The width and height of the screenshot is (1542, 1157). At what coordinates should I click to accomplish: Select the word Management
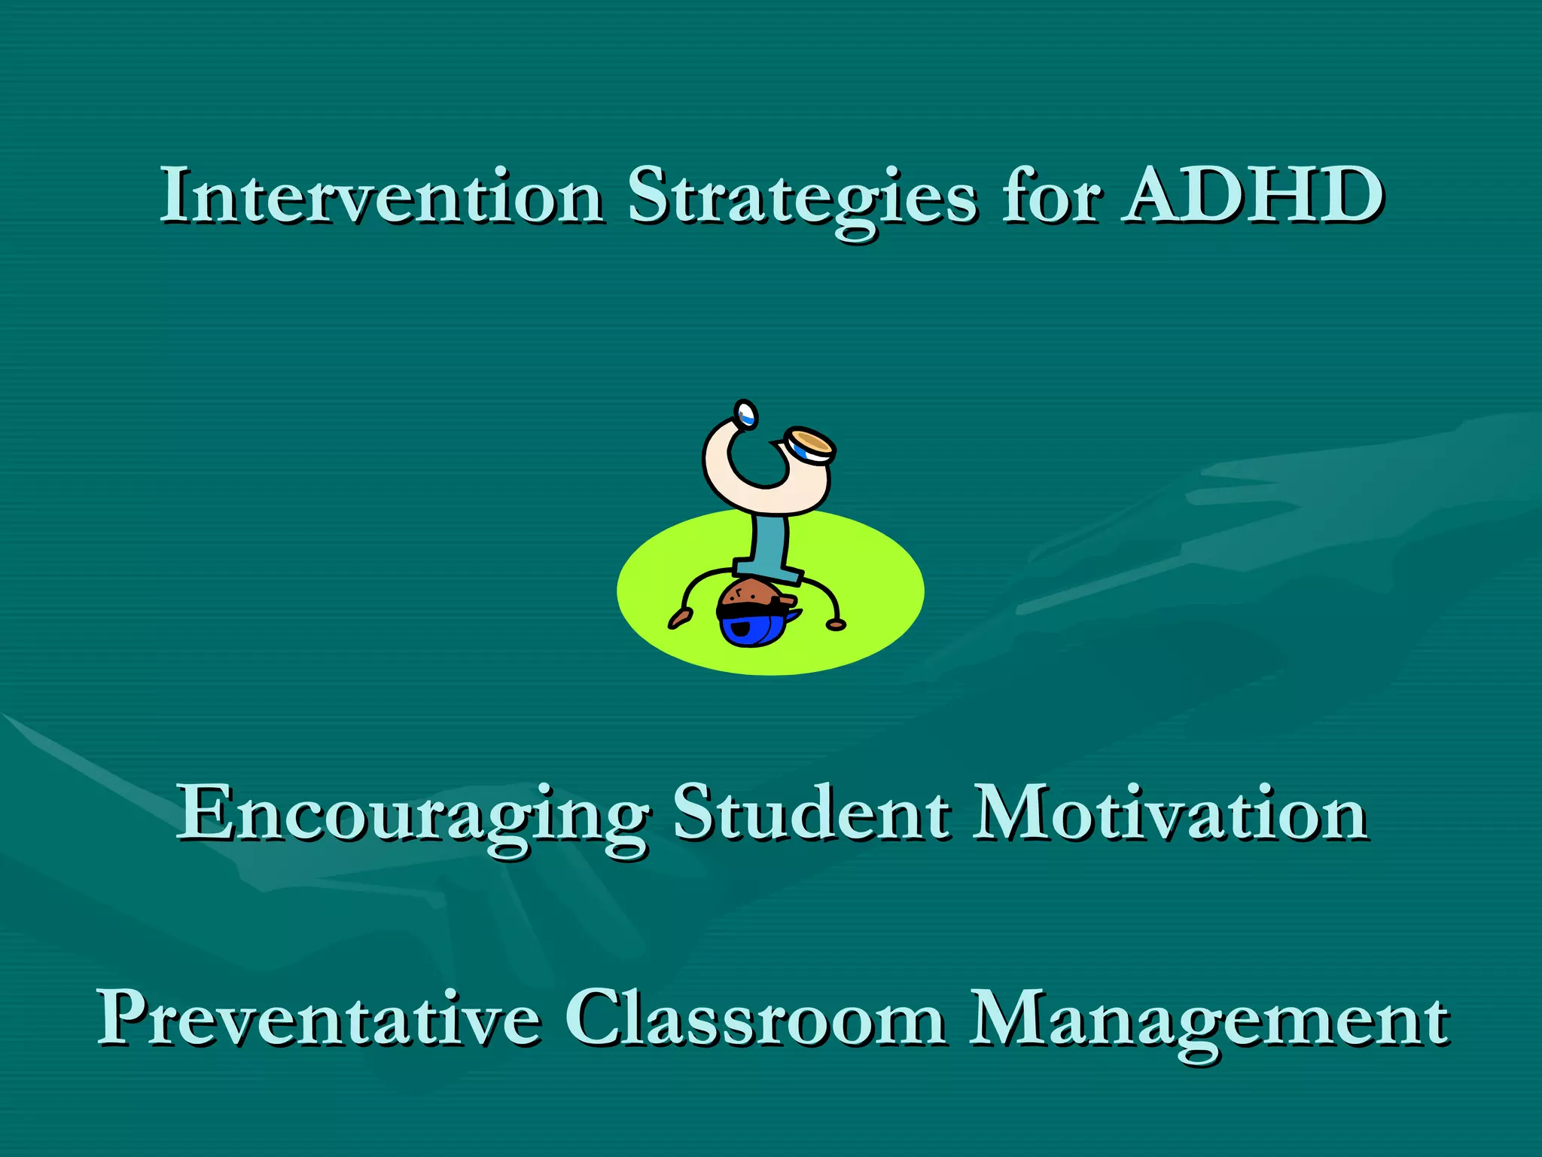coord(1208,1018)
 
